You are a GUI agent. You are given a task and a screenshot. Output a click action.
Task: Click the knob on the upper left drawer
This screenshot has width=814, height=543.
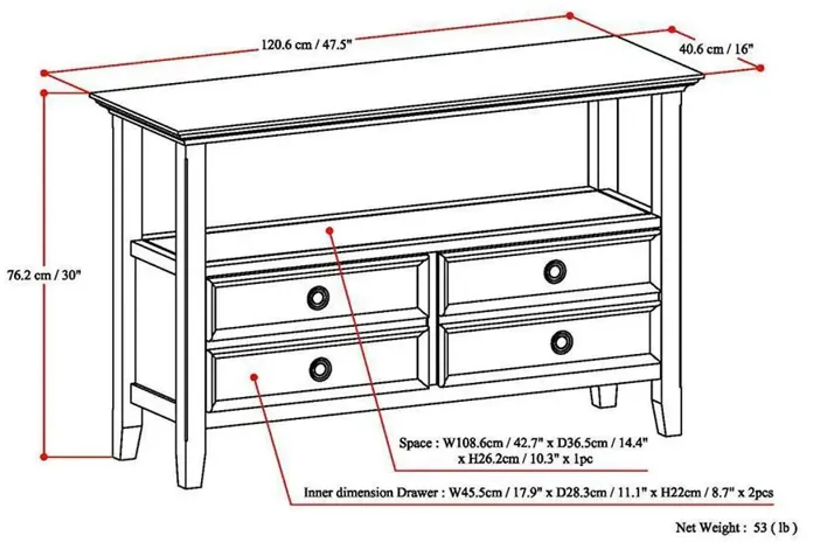[x=318, y=298]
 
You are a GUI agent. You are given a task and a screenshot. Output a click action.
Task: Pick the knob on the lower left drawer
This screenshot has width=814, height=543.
[x=320, y=369]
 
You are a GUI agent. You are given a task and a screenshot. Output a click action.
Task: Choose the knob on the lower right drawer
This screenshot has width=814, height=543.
[x=562, y=343]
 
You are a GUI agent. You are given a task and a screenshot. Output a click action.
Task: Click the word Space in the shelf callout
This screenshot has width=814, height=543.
[x=415, y=443]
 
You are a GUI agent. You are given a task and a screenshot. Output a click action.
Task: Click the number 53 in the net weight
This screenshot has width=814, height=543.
[x=760, y=528]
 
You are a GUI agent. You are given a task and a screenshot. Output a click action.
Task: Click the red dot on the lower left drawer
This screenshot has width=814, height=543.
[x=254, y=377]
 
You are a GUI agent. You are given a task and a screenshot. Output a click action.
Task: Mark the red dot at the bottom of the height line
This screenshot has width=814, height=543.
[x=44, y=457]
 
